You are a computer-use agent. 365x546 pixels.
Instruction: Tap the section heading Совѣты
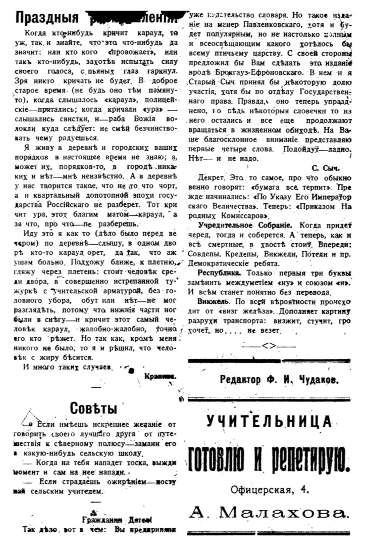pyautogui.click(x=93, y=408)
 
